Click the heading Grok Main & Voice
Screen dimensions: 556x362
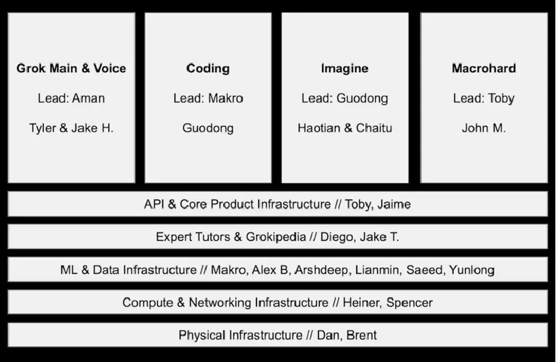point(72,68)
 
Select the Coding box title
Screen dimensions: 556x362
point(208,68)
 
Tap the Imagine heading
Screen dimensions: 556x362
point(345,68)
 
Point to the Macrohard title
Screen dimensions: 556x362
point(484,68)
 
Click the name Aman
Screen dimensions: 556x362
point(88,98)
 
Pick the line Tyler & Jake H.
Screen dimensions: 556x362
point(72,128)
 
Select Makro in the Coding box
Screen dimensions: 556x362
point(225,98)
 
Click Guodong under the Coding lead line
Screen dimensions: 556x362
point(208,128)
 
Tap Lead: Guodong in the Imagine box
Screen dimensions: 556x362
point(345,99)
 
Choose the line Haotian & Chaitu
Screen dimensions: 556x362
point(345,128)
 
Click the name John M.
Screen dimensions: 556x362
point(484,128)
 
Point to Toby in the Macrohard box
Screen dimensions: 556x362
point(501,99)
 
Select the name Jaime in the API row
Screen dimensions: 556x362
point(394,204)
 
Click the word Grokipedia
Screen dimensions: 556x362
point(276,237)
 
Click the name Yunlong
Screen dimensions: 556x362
point(472,270)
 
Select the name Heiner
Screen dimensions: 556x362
point(363,303)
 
